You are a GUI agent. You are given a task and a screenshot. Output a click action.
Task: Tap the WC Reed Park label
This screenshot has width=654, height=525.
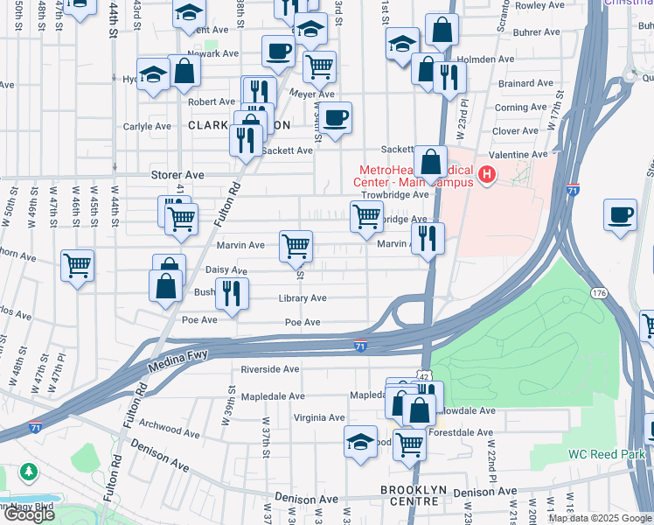tap(606, 454)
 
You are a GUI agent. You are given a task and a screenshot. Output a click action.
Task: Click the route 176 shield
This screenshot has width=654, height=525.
tap(598, 293)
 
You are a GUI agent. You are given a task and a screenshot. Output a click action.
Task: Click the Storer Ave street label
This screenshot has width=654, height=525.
tap(177, 175)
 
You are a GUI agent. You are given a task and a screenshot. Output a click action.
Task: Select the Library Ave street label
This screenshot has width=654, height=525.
tap(303, 298)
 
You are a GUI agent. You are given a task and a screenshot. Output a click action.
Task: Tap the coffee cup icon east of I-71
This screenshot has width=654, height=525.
tap(621, 216)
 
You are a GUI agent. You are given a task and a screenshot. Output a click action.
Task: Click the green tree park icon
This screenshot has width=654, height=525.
tap(28, 472)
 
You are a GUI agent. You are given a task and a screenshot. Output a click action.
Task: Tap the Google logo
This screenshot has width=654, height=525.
tap(29, 514)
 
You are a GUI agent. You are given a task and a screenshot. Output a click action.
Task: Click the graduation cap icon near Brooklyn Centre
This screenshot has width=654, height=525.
tap(360, 442)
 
